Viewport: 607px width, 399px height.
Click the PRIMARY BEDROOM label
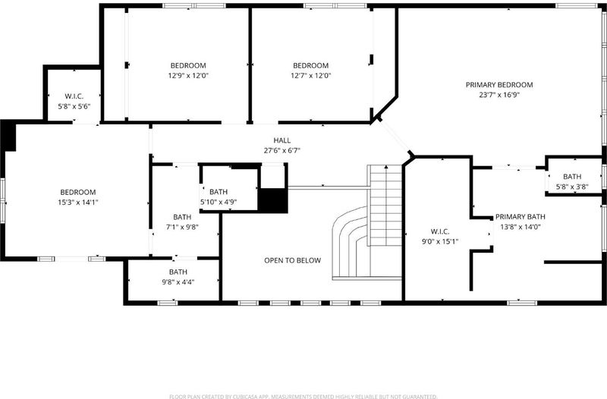pos(499,85)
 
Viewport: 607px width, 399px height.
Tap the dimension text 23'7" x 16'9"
pos(499,95)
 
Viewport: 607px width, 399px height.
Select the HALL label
pos(281,140)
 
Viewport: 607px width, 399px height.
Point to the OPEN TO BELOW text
pos(292,260)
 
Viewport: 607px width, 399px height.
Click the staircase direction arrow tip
pos(386,166)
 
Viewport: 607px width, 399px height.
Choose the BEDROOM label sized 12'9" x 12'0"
pos(188,66)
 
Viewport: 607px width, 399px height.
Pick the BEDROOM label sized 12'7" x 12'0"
pos(310,66)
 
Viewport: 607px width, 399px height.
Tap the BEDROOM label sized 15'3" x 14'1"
pos(78,193)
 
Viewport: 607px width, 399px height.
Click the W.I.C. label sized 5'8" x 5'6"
pos(74,96)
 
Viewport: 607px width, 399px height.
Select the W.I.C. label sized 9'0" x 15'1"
pos(440,232)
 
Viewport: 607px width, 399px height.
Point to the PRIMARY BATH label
pos(521,217)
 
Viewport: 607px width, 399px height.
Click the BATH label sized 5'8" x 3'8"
pos(572,177)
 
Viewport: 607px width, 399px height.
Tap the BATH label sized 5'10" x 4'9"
pos(219,192)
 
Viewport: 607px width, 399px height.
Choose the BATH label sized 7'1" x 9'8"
pos(182,218)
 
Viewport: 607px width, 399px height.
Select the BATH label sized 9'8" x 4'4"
pos(178,272)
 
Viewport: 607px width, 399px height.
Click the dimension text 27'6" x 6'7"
pos(282,150)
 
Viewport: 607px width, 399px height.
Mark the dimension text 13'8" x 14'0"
pos(521,227)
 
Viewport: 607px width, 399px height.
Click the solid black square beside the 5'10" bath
pos(273,200)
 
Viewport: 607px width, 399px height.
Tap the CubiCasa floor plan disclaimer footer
pos(303,396)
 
